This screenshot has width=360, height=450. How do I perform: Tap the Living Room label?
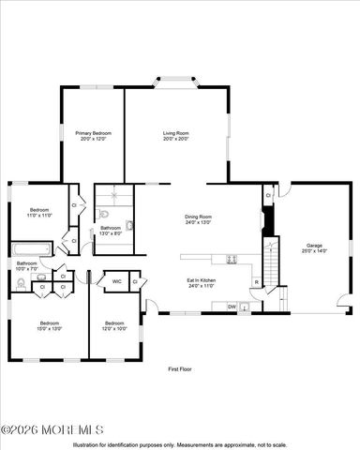pos(175,133)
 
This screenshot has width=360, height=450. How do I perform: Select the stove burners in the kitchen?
pos(229,260)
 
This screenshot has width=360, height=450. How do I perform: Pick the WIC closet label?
pos(116,281)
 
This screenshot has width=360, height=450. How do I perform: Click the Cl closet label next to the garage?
pos(267,195)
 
